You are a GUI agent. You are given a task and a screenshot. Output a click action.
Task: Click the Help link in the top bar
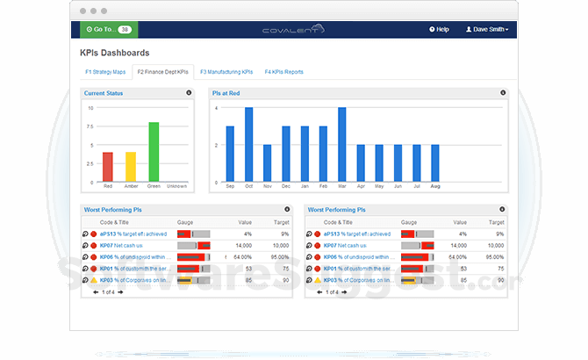pos(439,29)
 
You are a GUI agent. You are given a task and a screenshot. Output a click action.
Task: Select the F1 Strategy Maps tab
pos(105,72)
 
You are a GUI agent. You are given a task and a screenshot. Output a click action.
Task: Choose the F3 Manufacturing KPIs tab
pos(226,72)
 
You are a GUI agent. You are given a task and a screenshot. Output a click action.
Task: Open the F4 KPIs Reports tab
pos(284,72)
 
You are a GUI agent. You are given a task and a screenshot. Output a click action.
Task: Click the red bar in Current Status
pos(108,167)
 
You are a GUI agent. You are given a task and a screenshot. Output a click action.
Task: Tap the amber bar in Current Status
pos(131,167)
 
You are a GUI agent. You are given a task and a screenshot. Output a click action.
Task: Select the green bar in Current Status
pos(154,152)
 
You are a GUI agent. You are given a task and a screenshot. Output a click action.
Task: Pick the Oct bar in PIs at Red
pos(248,145)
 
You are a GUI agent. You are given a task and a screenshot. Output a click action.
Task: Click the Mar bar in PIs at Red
pos(341,145)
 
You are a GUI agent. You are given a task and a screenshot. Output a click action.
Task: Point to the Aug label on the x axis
pos(434,187)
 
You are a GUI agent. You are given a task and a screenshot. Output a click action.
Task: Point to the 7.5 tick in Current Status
pos(90,126)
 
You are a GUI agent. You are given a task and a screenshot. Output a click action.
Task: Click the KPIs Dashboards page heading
pos(114,54)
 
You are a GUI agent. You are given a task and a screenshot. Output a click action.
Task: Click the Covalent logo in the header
pos(293,30)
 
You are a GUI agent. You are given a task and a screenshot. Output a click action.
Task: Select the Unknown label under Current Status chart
pos(176,186)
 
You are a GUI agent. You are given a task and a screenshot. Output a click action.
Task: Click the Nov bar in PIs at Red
pos(267,163)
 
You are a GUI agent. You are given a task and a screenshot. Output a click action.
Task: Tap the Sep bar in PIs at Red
pos(230,155)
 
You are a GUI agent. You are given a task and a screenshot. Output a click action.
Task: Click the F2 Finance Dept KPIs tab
pos(164,72)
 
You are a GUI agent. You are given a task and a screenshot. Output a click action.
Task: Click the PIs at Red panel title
pos(226,92)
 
